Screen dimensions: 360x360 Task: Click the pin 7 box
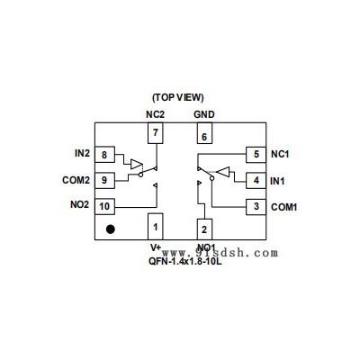[x=156, y=133]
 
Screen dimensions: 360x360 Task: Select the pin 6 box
[x=204, y=133]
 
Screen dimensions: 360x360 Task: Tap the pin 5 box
[x=256, y=155]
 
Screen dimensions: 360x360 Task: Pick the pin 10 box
[x=104, y=206]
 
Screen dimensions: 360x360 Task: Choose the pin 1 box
[x=156, y=227]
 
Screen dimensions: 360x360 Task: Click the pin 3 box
[x=256, y=207]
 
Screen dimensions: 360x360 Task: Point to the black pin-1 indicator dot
[x=111, y=229]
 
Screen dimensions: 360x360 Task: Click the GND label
[x=204, y=114]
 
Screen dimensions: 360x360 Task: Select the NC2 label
[x=156, y=114]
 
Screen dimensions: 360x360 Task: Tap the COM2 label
[x=76, y=180]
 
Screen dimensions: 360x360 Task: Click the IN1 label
[x=277, y=181]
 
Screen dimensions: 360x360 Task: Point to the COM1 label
[x=284, y=207]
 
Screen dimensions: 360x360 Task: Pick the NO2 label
[x=80, y=204]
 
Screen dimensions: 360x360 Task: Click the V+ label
[x=156, y=247]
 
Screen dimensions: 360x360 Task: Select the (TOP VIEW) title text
[x=178, y=97]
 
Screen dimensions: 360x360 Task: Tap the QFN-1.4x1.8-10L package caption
[x=185, y=261]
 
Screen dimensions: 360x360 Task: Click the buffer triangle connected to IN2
[x=137, y=164]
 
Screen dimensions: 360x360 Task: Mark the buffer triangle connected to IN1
[x=223, y=172]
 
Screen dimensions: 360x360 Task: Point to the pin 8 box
[x=104, y=155]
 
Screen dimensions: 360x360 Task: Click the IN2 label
[x=82, y=153]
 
